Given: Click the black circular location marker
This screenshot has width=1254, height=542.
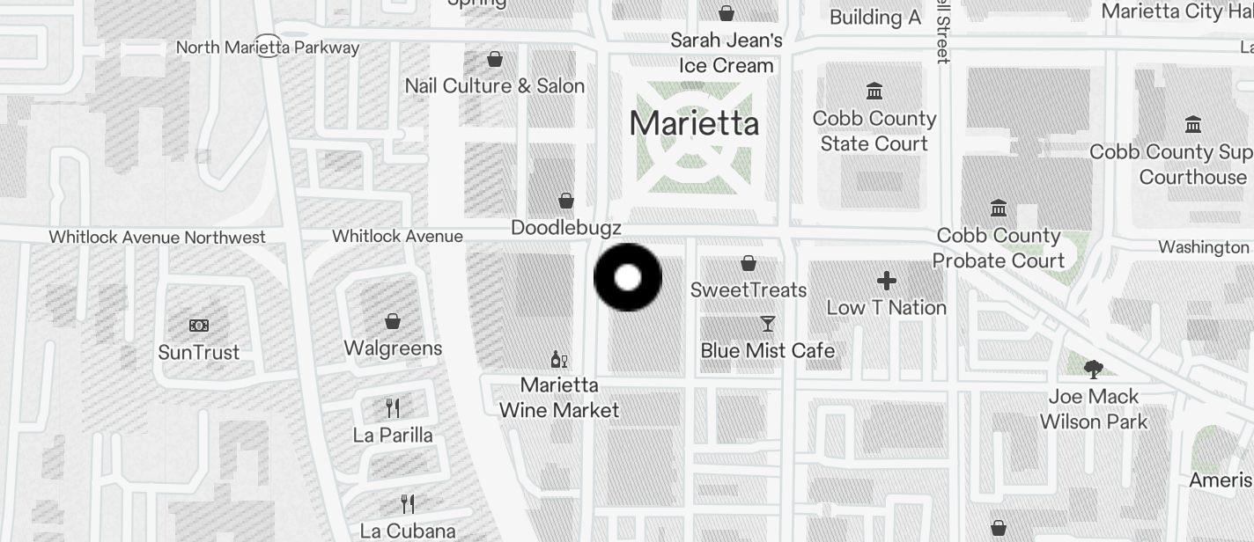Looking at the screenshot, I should (628, 278).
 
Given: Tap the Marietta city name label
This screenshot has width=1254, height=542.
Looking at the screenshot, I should (694, 123).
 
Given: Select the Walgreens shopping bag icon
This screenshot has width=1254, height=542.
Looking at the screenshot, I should (393, 322).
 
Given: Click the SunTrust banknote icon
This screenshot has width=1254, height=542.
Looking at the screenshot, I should (199, 326).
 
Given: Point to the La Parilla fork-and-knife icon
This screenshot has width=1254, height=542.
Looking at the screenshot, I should (393, 408).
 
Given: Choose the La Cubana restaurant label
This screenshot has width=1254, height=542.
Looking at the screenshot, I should (408, 531).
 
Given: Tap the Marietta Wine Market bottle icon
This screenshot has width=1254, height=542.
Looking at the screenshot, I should (558, 359).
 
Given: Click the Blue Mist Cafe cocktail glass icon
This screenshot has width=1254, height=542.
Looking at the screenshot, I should (768, 324).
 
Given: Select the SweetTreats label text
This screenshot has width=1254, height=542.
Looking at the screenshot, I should (749, 289).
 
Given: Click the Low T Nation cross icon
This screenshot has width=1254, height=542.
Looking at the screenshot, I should (887, 281).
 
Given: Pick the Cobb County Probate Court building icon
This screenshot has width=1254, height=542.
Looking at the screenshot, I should (999, 209).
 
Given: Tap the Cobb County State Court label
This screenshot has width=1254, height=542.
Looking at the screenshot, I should (874, 131).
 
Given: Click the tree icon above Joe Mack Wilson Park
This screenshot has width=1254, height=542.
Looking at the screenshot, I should (1094, 369).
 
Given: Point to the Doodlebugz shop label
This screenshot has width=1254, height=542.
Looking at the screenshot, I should (566, 228).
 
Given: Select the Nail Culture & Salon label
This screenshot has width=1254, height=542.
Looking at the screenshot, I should (495, 85).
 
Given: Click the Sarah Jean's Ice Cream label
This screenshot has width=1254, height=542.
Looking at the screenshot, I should (727, 53).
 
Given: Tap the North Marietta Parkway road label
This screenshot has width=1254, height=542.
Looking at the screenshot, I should (268, 47).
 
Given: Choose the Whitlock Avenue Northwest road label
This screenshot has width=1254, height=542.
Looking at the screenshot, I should (157, 237).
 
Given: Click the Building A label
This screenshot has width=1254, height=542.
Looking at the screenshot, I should (874, 17).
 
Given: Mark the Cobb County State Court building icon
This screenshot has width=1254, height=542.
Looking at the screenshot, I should (874, 92).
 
